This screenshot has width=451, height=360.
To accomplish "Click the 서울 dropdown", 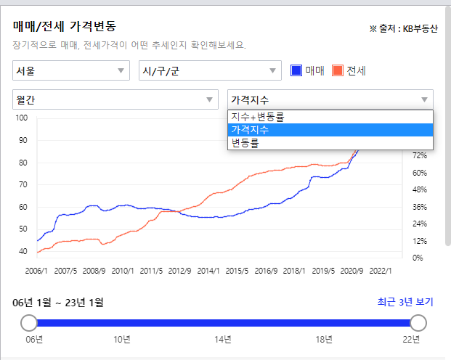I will [70, 70].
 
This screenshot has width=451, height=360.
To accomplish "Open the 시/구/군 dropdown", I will [209, 70].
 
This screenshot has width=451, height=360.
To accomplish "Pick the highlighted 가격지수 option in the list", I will [330, 130].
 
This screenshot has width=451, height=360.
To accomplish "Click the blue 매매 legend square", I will [296, 70].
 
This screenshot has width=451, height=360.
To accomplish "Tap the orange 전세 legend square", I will [337, 70].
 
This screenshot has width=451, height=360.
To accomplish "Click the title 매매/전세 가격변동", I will [63, 26].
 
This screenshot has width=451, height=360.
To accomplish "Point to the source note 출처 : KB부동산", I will [403, 29].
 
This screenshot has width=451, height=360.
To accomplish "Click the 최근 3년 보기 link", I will [405, 301].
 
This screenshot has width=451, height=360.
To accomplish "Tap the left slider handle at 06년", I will [29, 323].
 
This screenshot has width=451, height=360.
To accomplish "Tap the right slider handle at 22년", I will [418, 323].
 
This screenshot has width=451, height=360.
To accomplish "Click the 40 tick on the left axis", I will [23, 251].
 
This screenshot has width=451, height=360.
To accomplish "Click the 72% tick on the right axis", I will [420, 156].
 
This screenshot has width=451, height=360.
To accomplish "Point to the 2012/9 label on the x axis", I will [179, 270].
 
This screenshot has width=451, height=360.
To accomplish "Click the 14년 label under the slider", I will [223, 340].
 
